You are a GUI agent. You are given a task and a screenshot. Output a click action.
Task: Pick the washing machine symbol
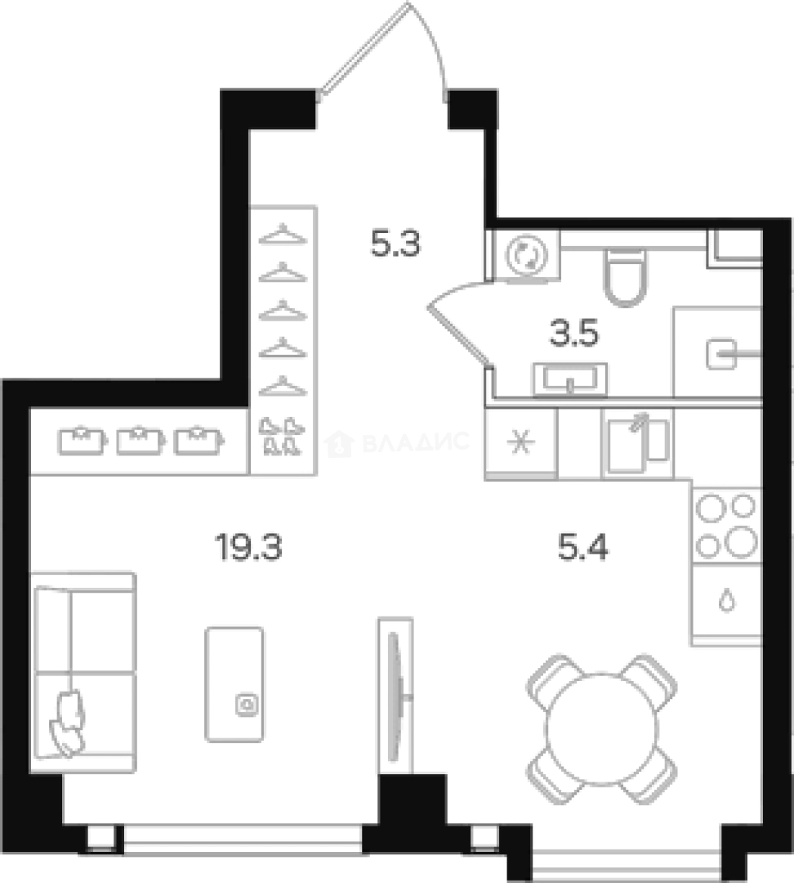(x=524, y=255)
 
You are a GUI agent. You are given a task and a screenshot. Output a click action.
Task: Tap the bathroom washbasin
(x=570, y=379)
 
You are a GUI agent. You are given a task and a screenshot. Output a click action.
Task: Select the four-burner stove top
(x=726, y=526)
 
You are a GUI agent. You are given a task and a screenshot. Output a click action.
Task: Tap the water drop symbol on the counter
(x=726, y=601)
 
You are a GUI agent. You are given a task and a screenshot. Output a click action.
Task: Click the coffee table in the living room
(x=234, y=684)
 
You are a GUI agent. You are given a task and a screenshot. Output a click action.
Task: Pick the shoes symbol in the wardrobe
(x=282, y=437)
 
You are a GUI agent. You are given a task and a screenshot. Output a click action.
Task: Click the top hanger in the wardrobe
(x=282, y=235)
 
